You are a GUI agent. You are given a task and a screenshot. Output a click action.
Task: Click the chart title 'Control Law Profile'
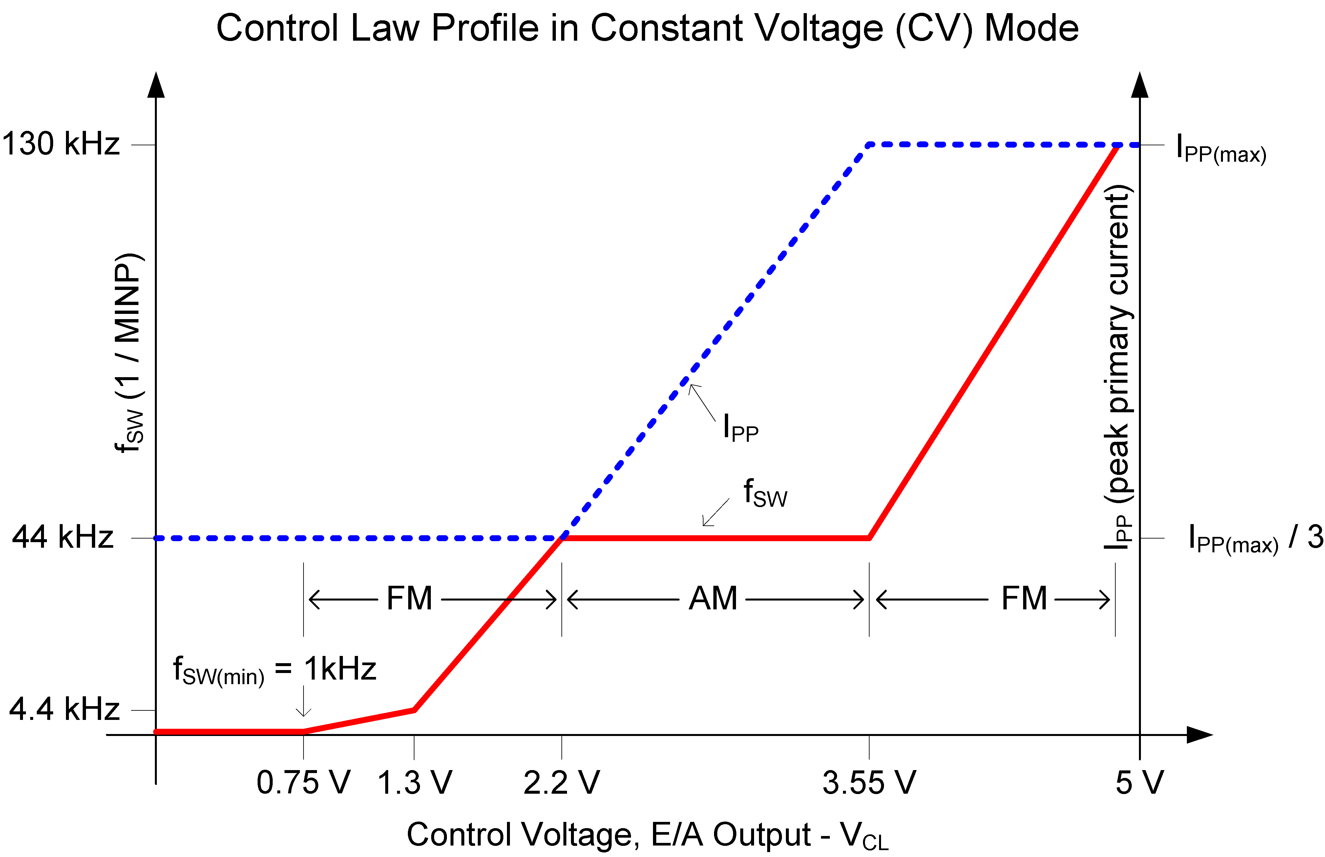[x=647, y=28]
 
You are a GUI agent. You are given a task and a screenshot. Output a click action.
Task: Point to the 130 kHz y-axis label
[x=61, y=144]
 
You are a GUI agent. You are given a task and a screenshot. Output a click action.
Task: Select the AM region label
[x=713, y=599]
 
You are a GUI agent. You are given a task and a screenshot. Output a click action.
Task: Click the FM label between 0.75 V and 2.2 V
[x=409, y=599]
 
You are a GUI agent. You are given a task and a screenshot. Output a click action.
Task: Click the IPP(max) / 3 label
[x=1255, y=539]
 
